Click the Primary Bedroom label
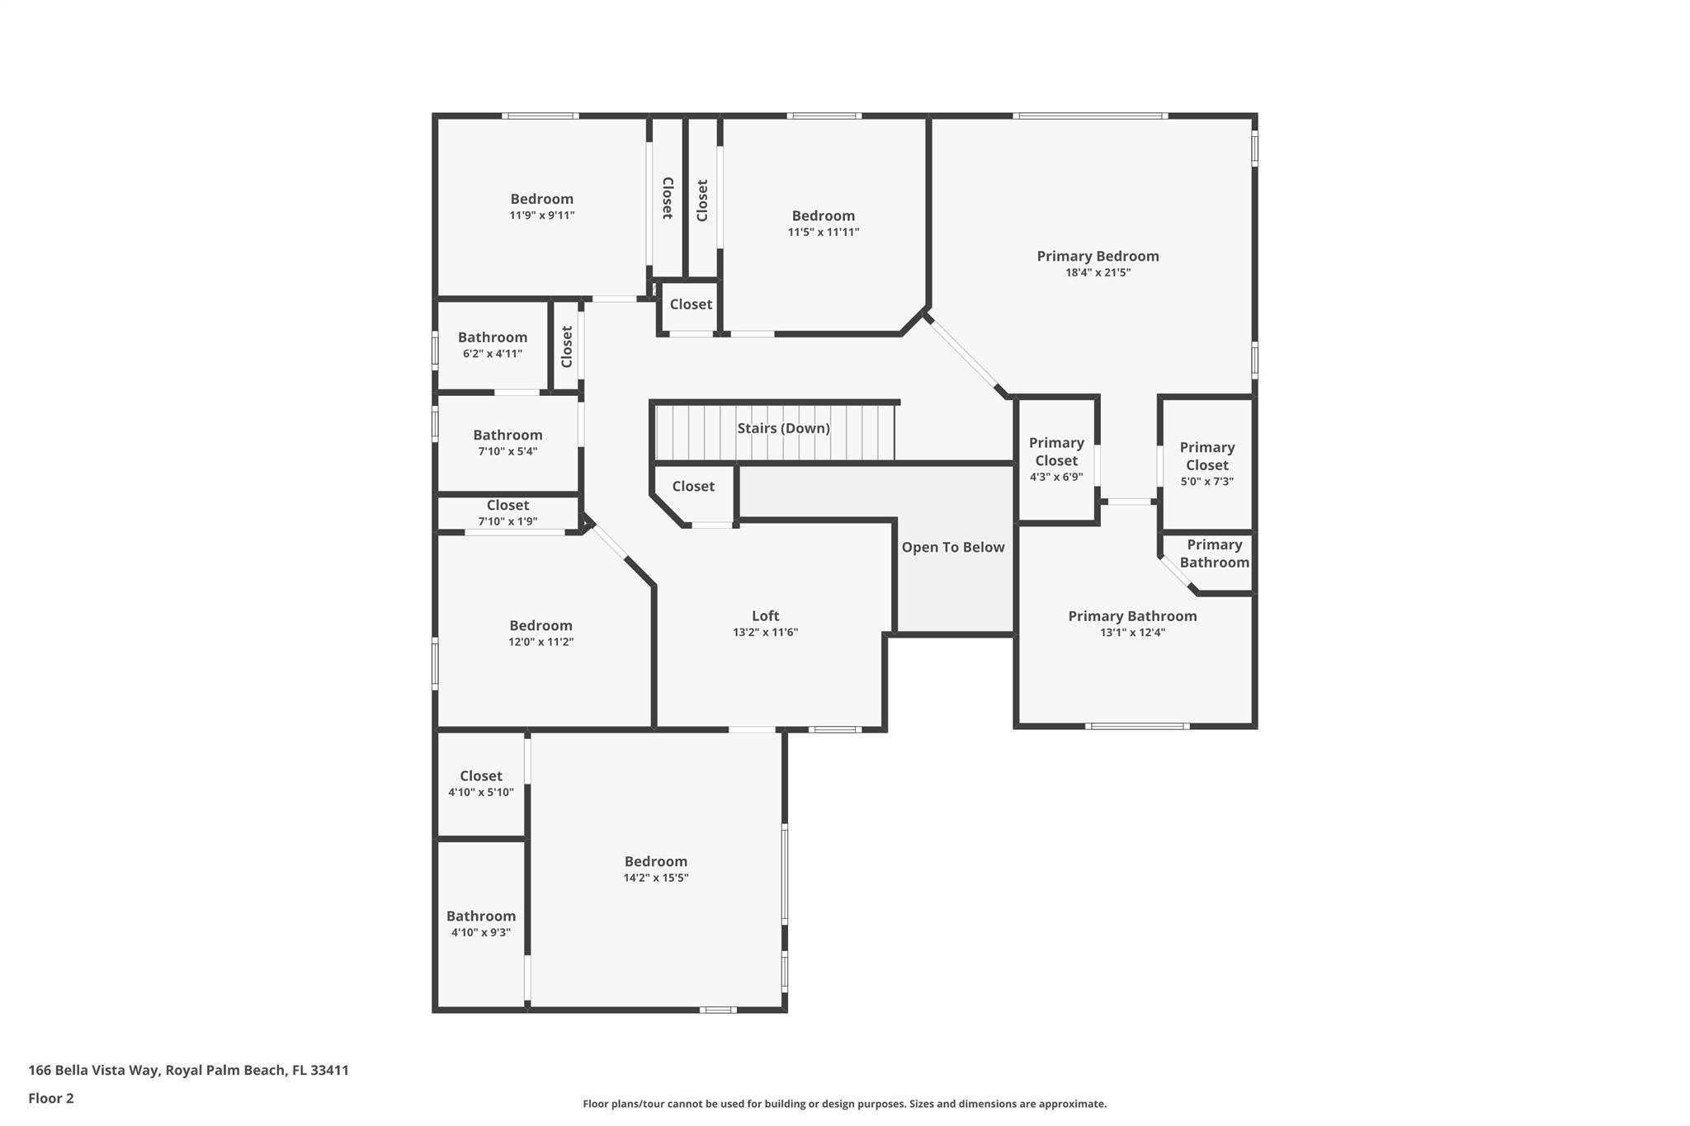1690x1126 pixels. coord(1098,256)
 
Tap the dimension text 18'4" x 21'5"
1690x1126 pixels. coord(1098,272)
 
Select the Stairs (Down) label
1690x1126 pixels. coord(783,428)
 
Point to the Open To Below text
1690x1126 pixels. coord(952,547)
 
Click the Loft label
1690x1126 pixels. coord(765,615)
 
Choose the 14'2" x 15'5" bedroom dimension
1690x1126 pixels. coord(655,878)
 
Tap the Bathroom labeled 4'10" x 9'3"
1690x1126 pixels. coord(480,916)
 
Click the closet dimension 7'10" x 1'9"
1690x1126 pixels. coord(507,521)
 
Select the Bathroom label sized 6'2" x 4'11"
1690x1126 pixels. coord(493,337)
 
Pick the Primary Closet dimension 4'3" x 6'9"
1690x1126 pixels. coord(1056,477)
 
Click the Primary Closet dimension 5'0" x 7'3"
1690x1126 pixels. coord(1206,482)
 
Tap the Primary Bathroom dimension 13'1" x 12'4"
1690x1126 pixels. coord(1132,633)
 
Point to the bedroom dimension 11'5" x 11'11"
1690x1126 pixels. coord(823,232)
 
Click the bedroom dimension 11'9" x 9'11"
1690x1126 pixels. coord(541,215)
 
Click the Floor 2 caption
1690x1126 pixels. coord(51,1098)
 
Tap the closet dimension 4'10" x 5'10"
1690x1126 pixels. coord(480,792)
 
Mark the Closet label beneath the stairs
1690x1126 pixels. coord(692,486)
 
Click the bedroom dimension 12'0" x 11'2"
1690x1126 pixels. coord(541,642)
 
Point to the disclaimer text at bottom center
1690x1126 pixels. coord(844,1104)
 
